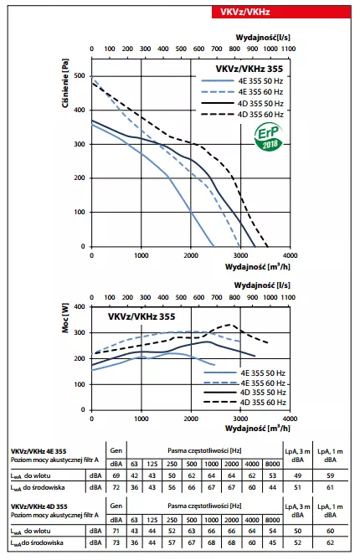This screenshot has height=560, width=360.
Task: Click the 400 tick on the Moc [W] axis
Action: pos(80,306)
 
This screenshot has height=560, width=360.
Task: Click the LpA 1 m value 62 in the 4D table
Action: pos(331,543)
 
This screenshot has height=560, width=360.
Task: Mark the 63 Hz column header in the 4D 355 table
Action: pos(134,519)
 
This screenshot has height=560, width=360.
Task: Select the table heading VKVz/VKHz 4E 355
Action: pos(39,450)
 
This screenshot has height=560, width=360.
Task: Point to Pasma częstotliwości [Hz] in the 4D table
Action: pos(201,506)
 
